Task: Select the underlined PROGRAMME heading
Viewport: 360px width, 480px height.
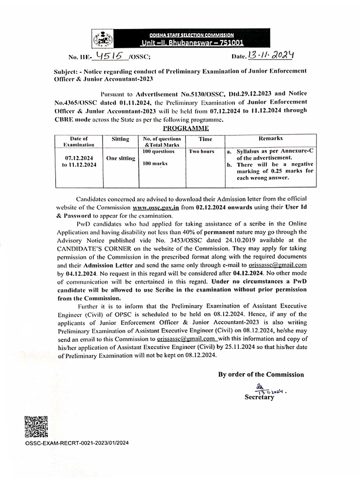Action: click(186, 128)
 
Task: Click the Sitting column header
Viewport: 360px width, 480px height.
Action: click(120, 139)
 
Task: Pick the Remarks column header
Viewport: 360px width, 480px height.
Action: click(270, 139)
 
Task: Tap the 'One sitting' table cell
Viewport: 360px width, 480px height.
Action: click(120, 158)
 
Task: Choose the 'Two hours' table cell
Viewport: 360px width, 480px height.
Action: click(202, 152)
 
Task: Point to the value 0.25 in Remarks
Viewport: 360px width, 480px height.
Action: click(271, 172)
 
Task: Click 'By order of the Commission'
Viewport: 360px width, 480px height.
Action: click(261, 375)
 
